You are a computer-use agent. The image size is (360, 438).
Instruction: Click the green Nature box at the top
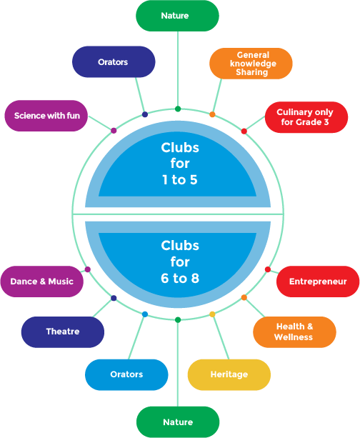[177, 16]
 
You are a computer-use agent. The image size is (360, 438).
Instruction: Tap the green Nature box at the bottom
[177, 422]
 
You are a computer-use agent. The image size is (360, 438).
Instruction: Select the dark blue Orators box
[114, 62]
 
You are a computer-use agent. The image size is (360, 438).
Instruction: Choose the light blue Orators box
[126, 374]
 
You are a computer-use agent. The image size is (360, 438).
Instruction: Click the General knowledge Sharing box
[251, 64]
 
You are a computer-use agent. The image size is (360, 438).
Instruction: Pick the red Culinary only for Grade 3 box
[306, 117]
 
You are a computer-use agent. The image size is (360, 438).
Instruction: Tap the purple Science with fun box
[46, 115]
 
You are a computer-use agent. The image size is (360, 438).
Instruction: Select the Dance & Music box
[41, 282]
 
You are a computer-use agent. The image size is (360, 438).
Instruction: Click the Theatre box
[63, 332]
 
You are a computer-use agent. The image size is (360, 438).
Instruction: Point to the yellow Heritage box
[229, 374]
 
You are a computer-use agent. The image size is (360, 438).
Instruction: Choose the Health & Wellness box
[294, 332]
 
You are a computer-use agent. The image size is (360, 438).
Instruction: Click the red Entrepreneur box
[318, 282]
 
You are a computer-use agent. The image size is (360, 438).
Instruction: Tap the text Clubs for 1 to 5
[179, 164]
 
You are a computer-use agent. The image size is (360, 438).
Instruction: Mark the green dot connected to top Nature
[178, 109]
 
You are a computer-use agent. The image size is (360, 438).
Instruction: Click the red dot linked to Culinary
[244, 131]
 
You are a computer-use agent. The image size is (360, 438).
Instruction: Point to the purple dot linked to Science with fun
[114, 131]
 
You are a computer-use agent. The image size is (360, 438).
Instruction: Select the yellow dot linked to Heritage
[212, 314]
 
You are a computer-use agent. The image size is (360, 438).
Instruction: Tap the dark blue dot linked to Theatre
[114, 298]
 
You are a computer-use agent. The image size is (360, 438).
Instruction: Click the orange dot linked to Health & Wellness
[244, 297]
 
